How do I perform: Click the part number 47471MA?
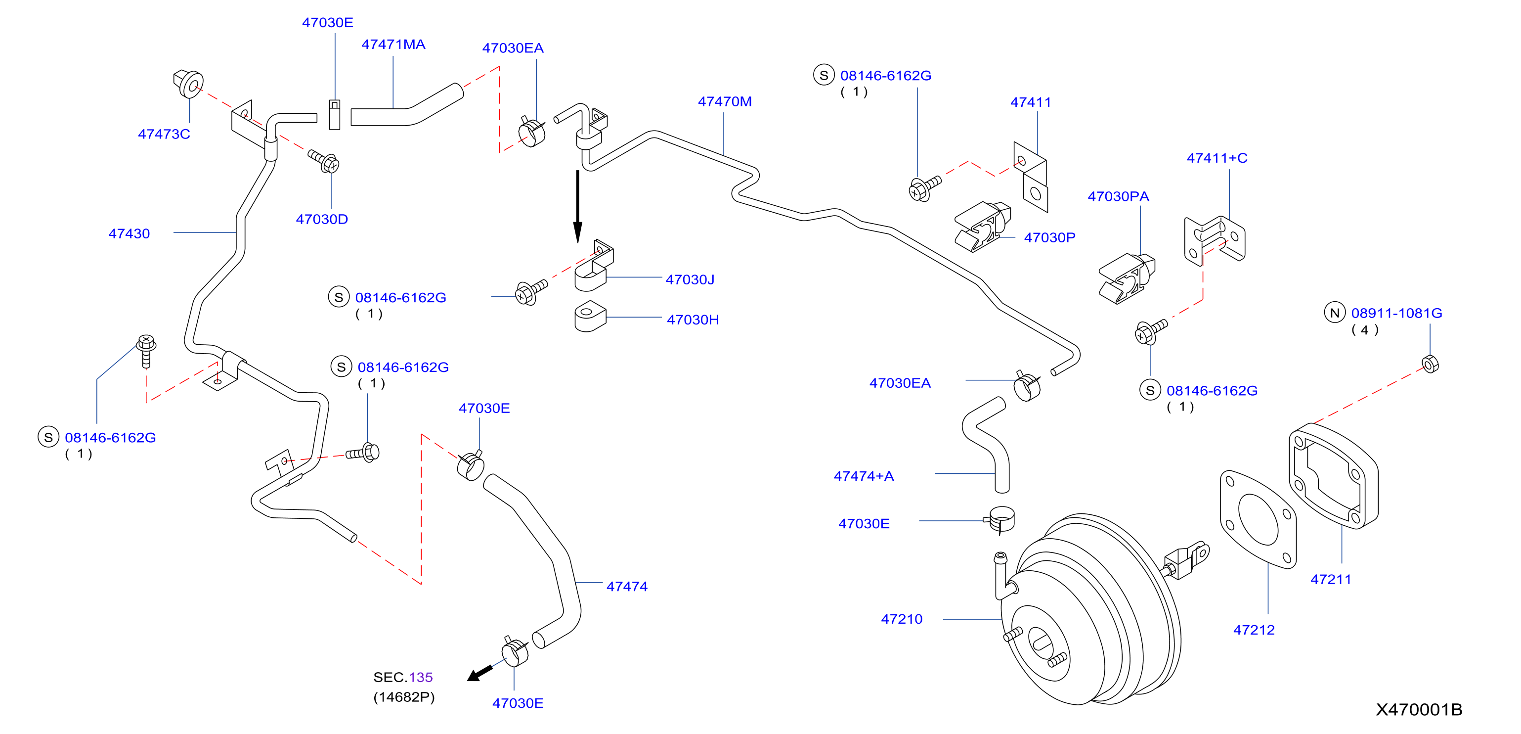pos(393,45)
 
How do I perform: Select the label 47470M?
pos(725,102)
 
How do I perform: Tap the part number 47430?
pos(130,233)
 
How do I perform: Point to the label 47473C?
pos(164,134)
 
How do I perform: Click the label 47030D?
pos(322,219)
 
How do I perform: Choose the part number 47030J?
pos(690,279)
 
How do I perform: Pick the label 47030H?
pos(693,320)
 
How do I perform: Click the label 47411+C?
pos(1217,158)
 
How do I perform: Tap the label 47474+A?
pos(864,476)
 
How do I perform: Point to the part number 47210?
pos(902,619)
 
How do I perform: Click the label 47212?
pos(1254,630)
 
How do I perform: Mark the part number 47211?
pos(1331,579)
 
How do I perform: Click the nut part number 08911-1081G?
pos(1396,313)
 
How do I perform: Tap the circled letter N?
pos(1335,313)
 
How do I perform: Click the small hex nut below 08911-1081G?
pos(1430,364)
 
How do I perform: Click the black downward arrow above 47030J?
pos(577,207)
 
